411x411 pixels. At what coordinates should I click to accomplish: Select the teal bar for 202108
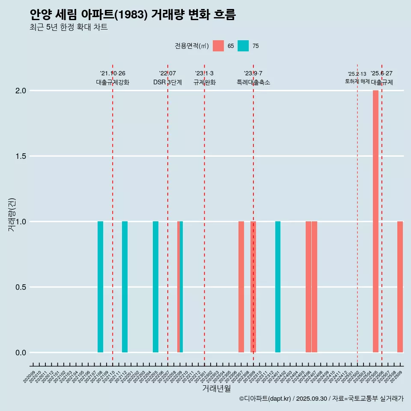click(x=100, y=287)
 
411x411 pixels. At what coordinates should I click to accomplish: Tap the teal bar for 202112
click(x=125, y=287)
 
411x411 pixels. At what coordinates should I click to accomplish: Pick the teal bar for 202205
click(x=155, y=287)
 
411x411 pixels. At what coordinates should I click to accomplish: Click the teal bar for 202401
click(x=278, y=287)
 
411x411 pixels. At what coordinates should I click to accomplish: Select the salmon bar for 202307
click(x=241, y=287)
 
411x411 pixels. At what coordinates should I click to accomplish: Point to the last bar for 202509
click(x=400, y=287)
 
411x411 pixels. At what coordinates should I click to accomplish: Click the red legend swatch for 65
click(x=218, y=46)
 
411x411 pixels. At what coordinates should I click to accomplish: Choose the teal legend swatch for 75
click(x=243, y=46)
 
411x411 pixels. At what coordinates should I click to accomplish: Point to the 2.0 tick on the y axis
click(x=21, y=91)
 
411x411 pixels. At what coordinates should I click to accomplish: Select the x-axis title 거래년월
click(x=216, y=389)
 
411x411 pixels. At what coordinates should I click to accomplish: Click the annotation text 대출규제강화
click(x=112, y=82)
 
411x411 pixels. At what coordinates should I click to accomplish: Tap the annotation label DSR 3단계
click(x=167, y=82)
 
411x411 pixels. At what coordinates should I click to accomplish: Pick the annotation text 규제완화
click(x=204, y=82)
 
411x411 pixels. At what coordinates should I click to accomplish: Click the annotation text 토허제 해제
click(x=357, y=81)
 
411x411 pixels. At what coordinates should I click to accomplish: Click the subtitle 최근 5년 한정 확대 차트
click(x=68, y=27)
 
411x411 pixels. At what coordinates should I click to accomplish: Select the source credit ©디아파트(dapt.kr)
click(x=265, y=399)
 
